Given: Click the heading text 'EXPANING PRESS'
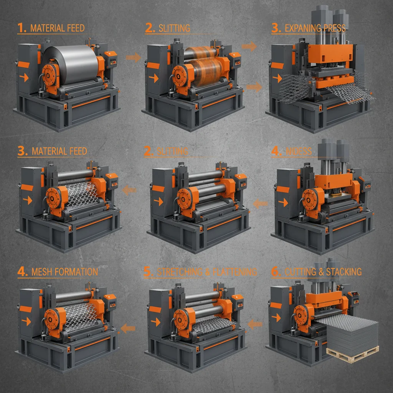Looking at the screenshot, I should click(315, 28).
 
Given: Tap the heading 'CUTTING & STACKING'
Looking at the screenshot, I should click(323, 272).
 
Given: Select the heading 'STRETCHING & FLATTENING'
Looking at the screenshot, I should click(207, 272).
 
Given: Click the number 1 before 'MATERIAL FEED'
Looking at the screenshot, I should click(22, 28).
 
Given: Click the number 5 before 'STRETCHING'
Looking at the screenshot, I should click(148, 272).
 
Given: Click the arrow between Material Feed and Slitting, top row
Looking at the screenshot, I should click(133, 58).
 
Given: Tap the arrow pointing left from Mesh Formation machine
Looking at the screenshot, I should click(128, 327).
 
